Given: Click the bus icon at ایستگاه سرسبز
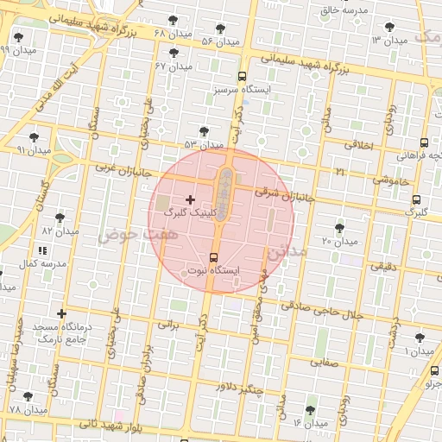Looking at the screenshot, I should (242, 75).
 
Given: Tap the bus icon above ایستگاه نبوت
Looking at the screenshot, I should (214, 256).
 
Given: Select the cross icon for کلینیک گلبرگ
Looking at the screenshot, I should (191, 199).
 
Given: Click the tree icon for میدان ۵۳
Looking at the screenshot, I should (204, 131).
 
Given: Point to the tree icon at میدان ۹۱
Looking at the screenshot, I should (34, 137).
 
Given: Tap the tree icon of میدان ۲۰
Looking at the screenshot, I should (338, 228).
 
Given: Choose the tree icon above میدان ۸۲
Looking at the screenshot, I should (60, 218).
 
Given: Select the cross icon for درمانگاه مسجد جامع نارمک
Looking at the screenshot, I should (61, 313).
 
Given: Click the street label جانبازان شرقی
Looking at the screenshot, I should (281, 195).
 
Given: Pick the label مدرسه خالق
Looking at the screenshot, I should (344, 9).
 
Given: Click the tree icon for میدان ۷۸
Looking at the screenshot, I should (28, 395).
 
